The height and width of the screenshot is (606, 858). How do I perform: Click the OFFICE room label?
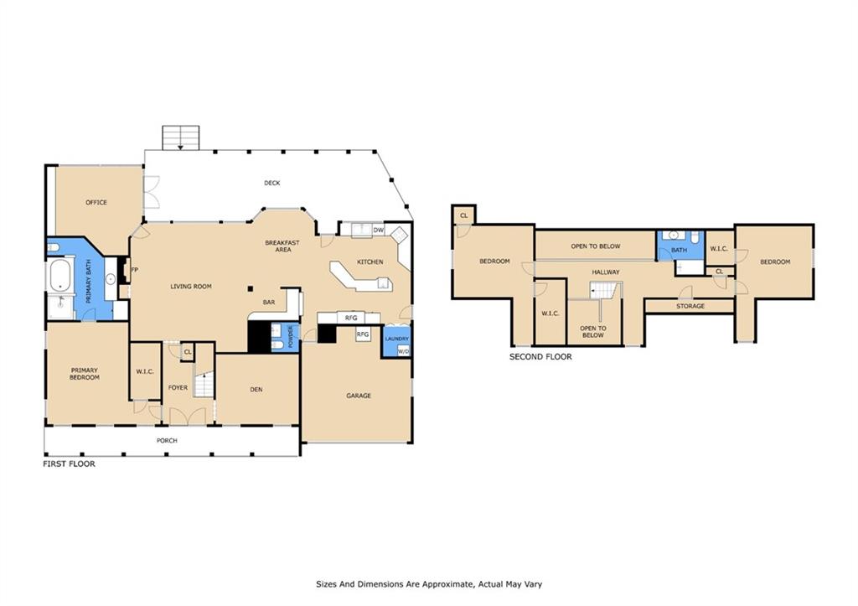tap(96, 203)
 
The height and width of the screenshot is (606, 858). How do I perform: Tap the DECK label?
tap(272, 183)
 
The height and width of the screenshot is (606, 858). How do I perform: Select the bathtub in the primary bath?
tap(59, 277)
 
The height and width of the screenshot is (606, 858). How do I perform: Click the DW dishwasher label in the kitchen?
tap(379, 230)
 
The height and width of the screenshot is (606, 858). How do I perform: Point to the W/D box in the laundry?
tap(403, 351)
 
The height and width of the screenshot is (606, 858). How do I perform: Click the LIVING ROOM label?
tap(191, 287)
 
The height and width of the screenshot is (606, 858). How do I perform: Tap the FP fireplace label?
tap(135, 270)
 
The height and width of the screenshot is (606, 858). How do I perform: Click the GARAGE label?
tap(359, 396)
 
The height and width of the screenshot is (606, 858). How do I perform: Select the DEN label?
tap(256, 390)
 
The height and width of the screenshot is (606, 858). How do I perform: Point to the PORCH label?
tap(167, 441)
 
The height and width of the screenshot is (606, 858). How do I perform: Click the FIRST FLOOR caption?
tap(70, 464)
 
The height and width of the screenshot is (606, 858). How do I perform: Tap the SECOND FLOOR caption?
tap(540, 357)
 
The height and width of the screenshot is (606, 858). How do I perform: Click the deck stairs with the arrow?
tap(181, 137)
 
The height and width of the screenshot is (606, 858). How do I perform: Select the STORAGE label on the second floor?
tap(690, 306)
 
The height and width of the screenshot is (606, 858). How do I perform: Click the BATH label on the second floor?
tap(679, 250)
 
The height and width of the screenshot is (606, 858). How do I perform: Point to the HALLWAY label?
tap(606, 272)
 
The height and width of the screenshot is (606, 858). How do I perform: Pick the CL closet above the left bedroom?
tap(464, 215)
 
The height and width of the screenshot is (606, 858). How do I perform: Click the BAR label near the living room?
tap(269, 303)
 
